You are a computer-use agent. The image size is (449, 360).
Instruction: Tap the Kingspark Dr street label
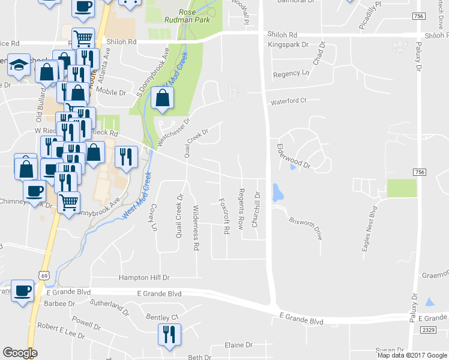[x=288, y=44]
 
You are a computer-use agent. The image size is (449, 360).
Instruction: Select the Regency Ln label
[x=291, y=74]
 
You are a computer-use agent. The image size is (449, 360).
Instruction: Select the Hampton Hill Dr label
[x=145, y=278]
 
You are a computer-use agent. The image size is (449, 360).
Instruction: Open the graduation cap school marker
[x=19, y=64]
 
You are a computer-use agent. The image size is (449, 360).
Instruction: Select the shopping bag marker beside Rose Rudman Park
[x=163, y=98]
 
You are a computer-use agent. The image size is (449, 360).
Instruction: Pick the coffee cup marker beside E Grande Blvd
[x=22, y=290]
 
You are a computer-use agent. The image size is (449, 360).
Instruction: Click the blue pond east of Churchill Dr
[x=277, y=193]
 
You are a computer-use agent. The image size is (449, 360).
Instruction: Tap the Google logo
[x=20, y=353]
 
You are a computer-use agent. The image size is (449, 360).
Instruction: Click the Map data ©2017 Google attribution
[x=411, y=355]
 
